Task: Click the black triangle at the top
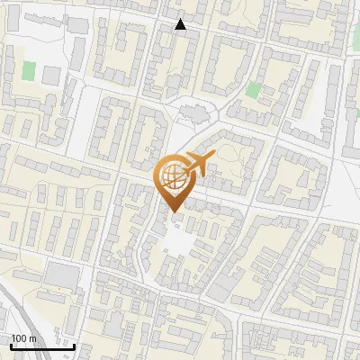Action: (181, 24)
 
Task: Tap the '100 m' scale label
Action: (23, 338)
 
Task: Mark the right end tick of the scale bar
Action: (74, 344)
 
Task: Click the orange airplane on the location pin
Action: (197, 163)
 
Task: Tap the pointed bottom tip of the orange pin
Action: (173, 212)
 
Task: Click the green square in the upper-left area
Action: (29, 69)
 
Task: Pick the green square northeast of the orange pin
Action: (254, 90)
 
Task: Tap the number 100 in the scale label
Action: (19, 338)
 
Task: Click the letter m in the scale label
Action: (32, 338)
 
